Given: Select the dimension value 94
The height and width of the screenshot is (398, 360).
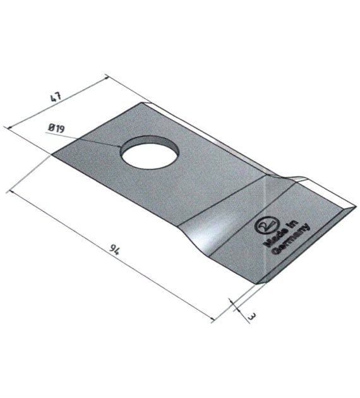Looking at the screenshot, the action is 114,250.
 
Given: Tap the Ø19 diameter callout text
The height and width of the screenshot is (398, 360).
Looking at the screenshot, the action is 56,128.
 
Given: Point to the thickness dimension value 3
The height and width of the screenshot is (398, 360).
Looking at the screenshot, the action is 252,317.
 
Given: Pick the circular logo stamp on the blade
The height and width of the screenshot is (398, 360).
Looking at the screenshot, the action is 267,225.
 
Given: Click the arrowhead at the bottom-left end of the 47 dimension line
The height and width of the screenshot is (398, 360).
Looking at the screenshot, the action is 9,128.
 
